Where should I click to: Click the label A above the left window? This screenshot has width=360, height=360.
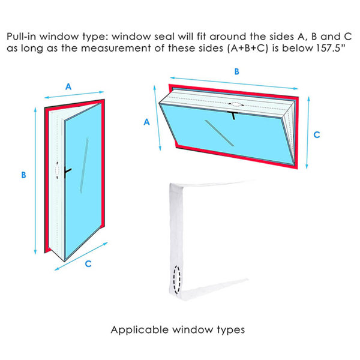point(68,86)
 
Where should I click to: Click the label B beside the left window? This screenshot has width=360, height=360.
point(23,175)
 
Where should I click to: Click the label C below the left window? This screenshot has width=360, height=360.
point(88,263)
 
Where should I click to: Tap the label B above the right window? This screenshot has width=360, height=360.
point(237,71)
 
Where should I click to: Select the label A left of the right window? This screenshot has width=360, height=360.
point(147,122)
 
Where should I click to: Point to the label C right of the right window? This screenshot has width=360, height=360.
point(316,135)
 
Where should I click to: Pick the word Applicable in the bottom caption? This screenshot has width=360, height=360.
point(135,329)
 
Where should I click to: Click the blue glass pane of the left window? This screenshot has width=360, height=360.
point(84,198)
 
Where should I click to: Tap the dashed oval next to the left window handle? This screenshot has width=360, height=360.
point(58,171)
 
